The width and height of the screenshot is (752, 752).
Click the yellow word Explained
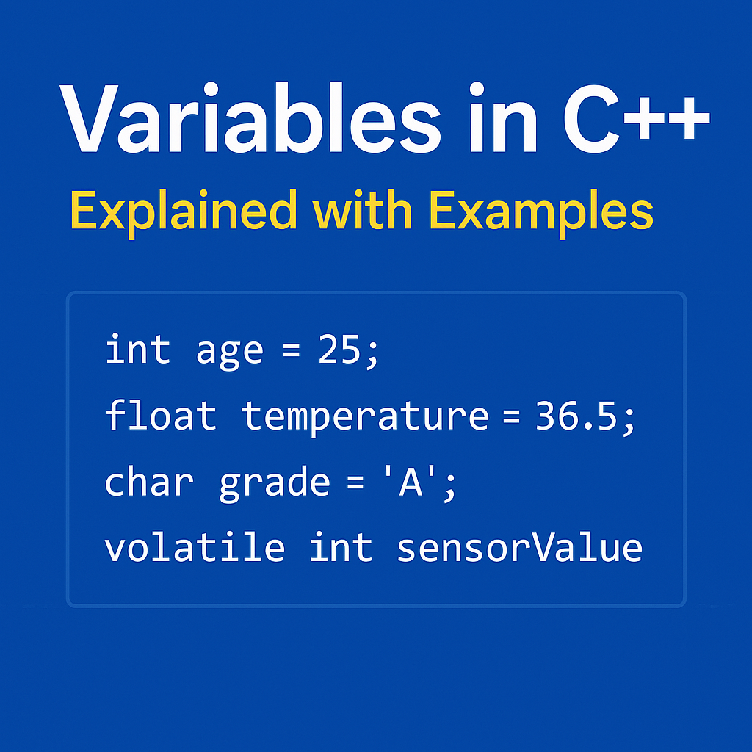pyautogui.click(x=184, y=211)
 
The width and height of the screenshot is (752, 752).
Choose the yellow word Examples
pyautogui.click(x=541, y=211)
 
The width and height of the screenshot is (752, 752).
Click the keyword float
pyautogui.click(x=161, y=415)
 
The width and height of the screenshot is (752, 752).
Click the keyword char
pyautogui.click(x=149, y=482)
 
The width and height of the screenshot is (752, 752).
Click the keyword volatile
pyautogui.click(x=194, y=547)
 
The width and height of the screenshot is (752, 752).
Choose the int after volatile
pyautogui.click(x=341, y=547)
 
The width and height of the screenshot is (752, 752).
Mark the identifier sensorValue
pyautogui.click(x=519, y=547)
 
